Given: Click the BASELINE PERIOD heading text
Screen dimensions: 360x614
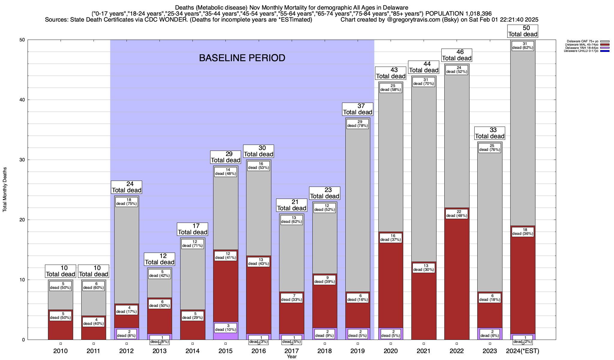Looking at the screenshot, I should [242, 58].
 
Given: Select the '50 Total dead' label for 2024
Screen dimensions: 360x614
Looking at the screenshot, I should [523, 31].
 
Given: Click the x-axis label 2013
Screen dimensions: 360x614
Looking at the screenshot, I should [159, 351].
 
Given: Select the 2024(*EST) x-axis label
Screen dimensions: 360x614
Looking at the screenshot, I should [523, 351].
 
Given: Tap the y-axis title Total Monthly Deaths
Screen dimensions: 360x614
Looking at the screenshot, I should [5, 190].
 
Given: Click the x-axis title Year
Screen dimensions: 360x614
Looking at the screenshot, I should [291, 357].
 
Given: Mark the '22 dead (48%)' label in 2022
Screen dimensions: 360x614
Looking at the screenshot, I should [457, 214].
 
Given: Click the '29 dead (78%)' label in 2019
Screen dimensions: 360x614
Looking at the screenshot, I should [358, 124].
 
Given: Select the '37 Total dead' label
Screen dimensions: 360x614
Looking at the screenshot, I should [358, 109].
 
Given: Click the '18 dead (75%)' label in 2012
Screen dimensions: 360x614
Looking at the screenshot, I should [127, 202].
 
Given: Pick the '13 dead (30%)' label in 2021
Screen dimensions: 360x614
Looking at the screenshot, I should [424, 268].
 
